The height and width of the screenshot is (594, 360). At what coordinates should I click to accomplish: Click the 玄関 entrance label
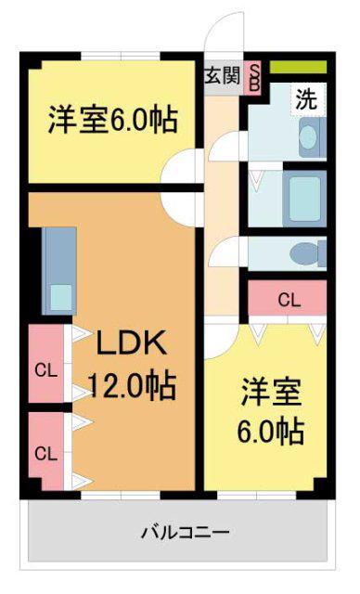[223, 76]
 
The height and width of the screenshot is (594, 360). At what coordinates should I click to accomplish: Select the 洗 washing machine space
[308, 99]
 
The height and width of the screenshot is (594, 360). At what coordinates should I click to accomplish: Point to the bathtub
[304, 199]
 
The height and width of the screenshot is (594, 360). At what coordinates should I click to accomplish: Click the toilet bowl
[305, 253]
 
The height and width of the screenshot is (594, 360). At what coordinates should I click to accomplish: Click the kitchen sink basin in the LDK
[61, 298]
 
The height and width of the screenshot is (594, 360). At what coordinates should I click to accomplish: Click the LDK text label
[132, 342]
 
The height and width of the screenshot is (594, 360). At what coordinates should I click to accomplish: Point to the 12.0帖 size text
[132, 386]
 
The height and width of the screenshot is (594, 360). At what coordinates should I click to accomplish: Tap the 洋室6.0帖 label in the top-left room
[112, 120]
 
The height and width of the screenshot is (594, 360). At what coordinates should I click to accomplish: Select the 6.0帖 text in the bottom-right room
[270, 432]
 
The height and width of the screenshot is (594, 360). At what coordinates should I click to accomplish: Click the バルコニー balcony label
[186, 532]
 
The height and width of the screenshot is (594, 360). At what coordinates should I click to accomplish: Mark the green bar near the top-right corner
[298, 67]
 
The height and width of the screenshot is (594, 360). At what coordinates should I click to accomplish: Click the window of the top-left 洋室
[121, 56]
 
